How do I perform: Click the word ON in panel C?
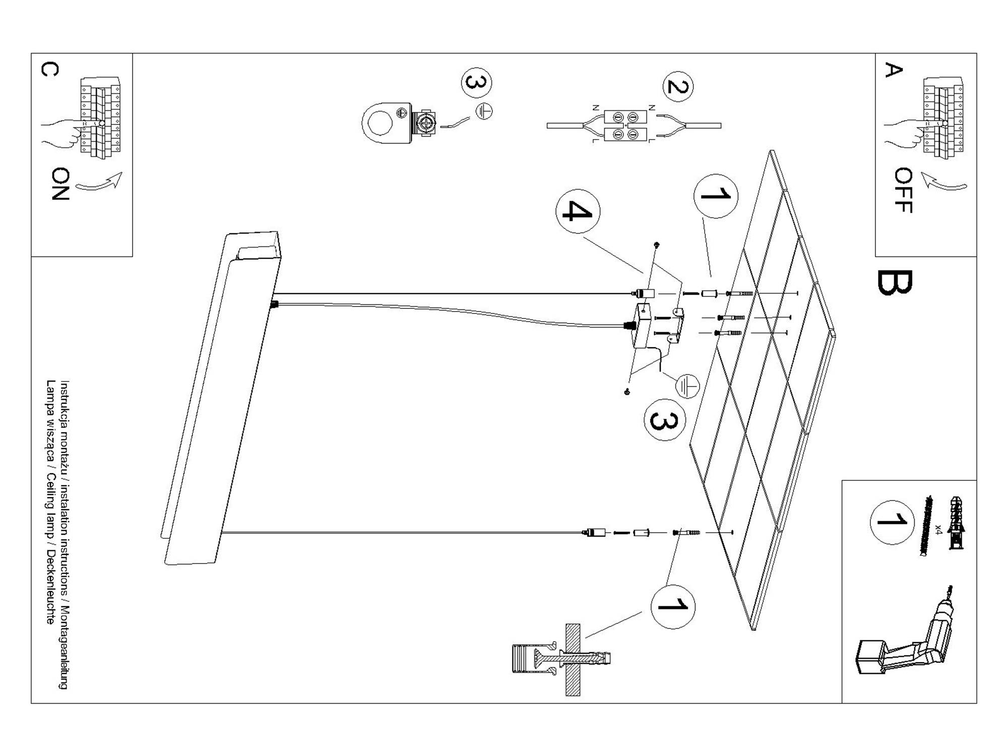click(60, 184)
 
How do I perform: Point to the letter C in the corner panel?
click(49, 70)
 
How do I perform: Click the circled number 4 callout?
click(578, 211)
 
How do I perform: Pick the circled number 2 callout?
click(678, 87)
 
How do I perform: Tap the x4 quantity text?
click(938, 529)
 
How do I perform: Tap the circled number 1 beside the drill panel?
click(892, 522)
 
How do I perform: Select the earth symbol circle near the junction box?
click(687, 386)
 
